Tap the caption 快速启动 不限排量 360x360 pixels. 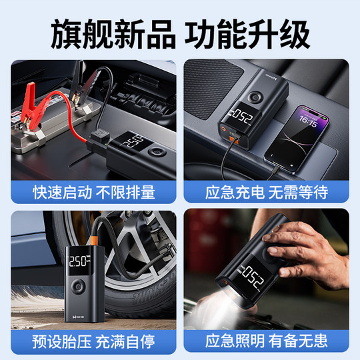[94, 193]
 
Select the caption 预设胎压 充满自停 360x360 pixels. [94, 341]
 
